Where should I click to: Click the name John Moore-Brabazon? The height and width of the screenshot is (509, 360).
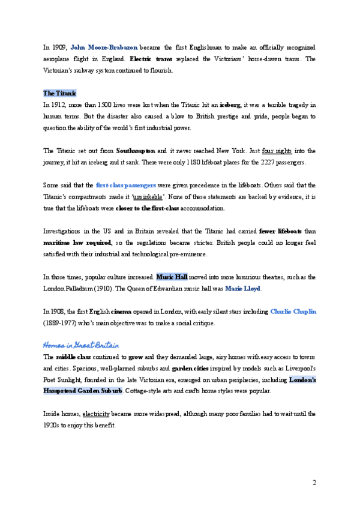pos(96,47)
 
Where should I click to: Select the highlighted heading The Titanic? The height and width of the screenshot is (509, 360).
pos(59,94)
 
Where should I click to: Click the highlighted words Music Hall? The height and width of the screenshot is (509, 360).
pos(172,277)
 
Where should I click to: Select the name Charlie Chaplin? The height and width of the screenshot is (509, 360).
pos(293,312)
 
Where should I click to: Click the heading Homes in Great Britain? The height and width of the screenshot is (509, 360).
pos(80,345)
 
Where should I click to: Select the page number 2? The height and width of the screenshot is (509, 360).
pos(314,483)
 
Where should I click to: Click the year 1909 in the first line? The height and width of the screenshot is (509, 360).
pos(59,47)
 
